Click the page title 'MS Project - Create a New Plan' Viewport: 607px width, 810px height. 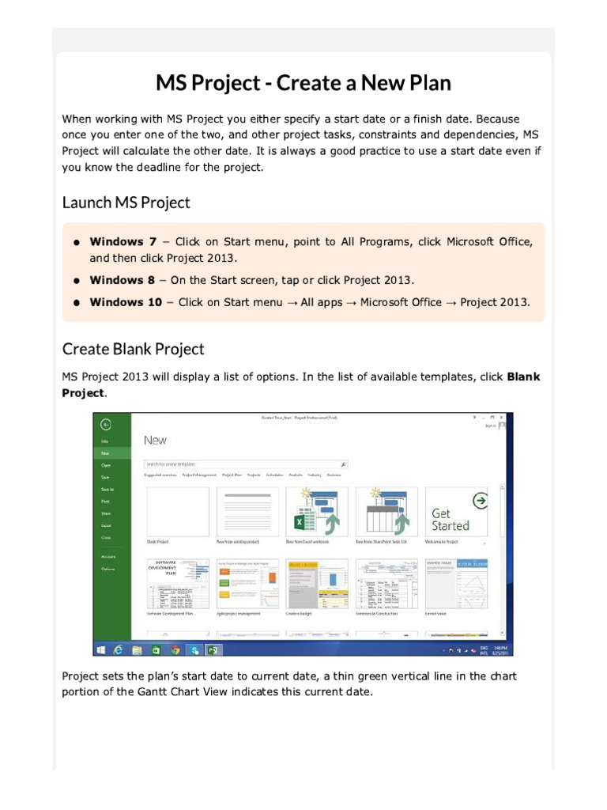303,83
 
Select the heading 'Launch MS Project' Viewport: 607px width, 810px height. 126,202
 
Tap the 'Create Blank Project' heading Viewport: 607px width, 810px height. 133,349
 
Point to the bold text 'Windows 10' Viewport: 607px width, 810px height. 126,302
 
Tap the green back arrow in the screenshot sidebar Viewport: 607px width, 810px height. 106,424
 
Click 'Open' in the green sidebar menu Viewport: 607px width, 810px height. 105,465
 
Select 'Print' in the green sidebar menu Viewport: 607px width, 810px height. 105,502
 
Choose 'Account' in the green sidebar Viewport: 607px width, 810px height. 107,557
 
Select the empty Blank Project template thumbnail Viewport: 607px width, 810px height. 178,512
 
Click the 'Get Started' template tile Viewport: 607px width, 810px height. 457,512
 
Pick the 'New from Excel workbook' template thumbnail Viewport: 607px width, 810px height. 317,512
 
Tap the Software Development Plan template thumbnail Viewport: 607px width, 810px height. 178,584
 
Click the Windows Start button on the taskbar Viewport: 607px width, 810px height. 101,649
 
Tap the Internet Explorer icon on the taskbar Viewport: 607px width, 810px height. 119,649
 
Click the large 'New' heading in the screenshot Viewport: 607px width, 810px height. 155,440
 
